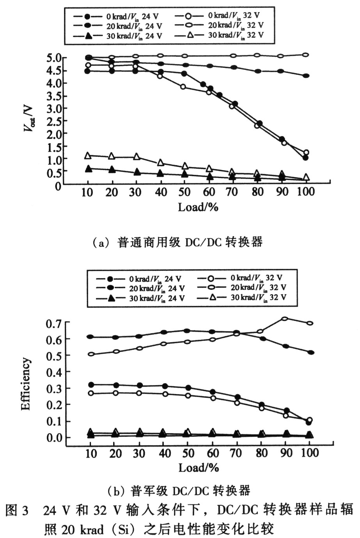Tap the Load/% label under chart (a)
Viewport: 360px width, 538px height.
198,206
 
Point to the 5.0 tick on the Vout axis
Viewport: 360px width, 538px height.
54,58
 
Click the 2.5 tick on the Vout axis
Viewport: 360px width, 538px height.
54,121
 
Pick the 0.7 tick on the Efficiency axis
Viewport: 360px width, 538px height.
55,323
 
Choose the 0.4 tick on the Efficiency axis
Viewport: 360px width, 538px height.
55,372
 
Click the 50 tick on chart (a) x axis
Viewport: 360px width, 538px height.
185,192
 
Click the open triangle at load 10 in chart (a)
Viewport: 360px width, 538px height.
88,156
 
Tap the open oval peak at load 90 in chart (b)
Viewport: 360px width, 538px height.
285,319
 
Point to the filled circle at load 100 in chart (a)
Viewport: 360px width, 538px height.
306,158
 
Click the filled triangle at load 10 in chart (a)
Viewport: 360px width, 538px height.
88,169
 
